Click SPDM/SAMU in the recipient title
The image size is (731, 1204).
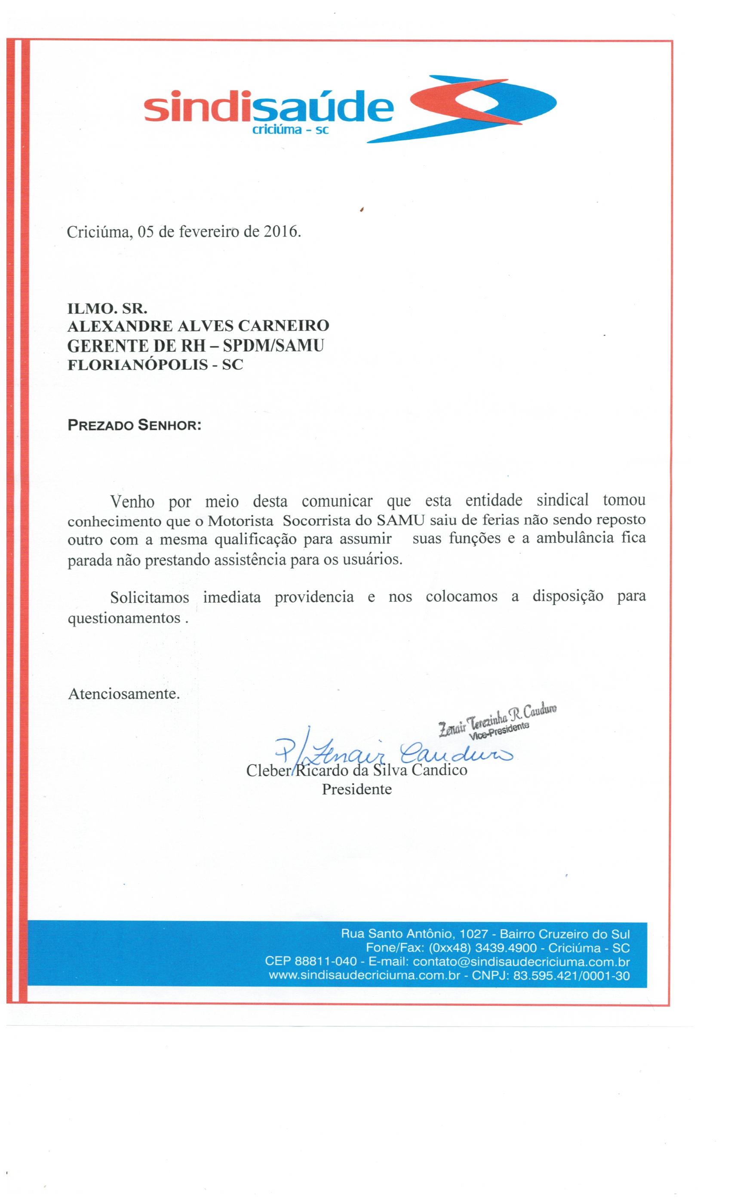273,345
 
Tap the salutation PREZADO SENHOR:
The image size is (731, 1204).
134,425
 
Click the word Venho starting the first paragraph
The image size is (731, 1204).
132,502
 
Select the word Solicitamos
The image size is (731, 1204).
149,597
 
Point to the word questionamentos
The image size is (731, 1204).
124,618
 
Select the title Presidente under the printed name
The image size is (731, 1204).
356,789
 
